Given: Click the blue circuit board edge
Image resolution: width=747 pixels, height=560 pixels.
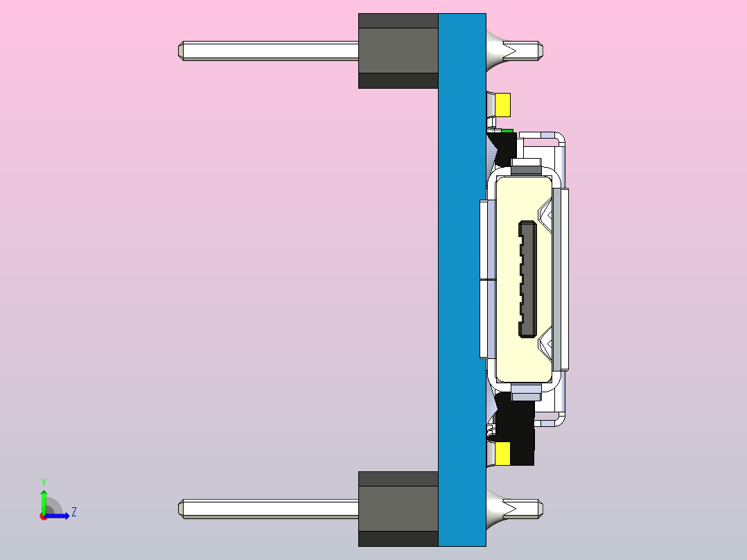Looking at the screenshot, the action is pos(462,280).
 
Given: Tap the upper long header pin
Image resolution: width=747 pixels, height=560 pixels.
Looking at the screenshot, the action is pos(269,51).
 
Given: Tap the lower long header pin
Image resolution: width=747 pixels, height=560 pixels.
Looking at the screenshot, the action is pos(269,509).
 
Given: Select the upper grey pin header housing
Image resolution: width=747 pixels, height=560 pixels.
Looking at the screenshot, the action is pos(398,51).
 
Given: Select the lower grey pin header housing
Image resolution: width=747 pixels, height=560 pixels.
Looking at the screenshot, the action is pos(398,509).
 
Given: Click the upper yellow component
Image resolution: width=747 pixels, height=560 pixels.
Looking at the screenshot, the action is pos(502,105).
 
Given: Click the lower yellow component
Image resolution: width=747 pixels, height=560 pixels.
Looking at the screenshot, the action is pos(502,453).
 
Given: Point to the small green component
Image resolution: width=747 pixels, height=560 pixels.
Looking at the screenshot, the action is pos(507,130).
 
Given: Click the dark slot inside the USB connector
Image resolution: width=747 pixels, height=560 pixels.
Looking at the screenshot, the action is pos(527,279).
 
